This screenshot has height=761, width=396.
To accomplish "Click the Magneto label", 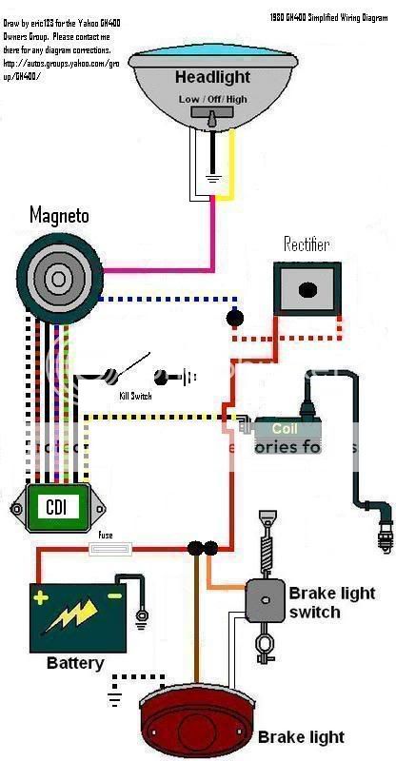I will pos(58,216).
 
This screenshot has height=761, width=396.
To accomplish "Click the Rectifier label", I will pos(306,244).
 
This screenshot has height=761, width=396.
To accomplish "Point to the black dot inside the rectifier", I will pos(307,290).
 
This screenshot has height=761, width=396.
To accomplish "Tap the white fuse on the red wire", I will pos(106,548).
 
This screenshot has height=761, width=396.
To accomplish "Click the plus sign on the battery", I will pos(41,598).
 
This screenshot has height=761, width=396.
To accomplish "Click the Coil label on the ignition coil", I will pos(285,429).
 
